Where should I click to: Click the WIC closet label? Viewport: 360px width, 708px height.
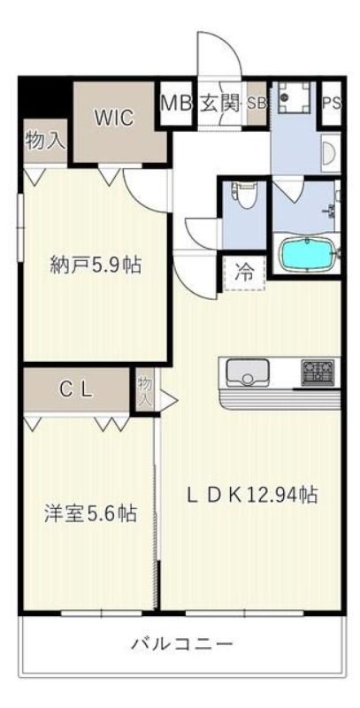click(114, 118)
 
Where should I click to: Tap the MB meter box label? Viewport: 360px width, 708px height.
click(177, 104)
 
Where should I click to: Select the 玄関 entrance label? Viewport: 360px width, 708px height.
click(219, 104)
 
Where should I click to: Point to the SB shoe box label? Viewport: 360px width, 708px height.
click(257, 104)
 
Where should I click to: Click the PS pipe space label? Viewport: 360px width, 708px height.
click(332, 104)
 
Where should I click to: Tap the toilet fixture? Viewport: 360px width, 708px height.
click(247, 195)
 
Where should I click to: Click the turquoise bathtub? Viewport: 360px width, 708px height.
click(309, 255)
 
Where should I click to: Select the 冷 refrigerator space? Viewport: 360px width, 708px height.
click(244, 273)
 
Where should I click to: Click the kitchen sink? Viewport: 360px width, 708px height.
click(247, 372)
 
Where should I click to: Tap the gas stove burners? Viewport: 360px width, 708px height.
click(318, 373)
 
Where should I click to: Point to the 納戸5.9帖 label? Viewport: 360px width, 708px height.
click(96, 265)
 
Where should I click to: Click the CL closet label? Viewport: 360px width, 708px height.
click(77, 389)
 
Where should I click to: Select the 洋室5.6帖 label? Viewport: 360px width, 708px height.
click(89, 513)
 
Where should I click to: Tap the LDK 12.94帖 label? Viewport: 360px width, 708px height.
click(253, 495)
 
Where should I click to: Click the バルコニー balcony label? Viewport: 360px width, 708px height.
click(182, 643)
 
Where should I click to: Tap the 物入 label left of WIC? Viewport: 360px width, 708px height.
click(45, 141)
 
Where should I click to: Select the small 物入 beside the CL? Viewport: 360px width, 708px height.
click(145, 389)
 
